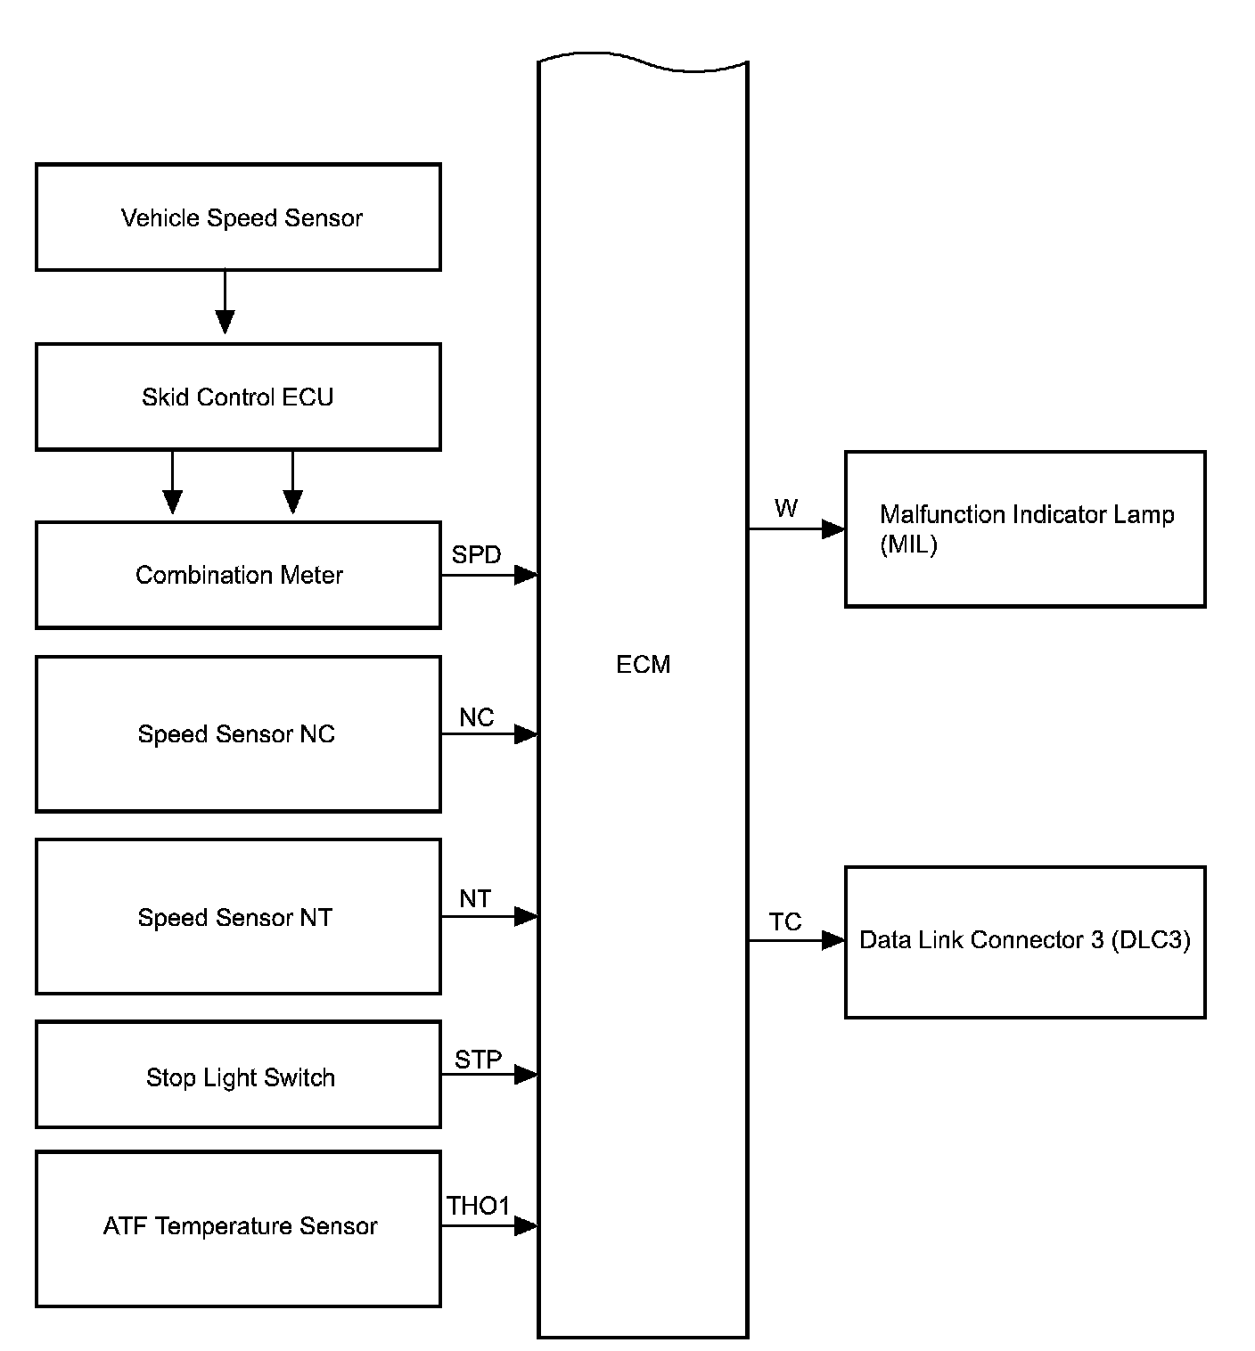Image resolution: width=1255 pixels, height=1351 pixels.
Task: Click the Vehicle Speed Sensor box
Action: pyautogui.click(x=238, y=217)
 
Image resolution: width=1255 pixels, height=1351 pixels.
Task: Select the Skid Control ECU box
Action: pyautogui.click(x=238, y=397)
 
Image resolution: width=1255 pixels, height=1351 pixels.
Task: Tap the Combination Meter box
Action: pyautogui.click(x=238, y=575)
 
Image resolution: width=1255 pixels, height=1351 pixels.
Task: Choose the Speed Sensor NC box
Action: pyautogui.click(x=238, y=734)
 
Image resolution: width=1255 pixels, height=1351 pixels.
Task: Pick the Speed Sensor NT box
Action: pyautogui.click(x=238, y=916)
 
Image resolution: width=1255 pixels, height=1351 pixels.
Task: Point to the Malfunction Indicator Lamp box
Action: pyautogui.click(x=1025, y=529)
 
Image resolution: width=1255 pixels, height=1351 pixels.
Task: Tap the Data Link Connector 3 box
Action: pyautogui.click(x=1025, y=941)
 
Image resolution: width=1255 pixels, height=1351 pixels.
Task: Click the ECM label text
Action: pyautogui.click(x=643, y=665)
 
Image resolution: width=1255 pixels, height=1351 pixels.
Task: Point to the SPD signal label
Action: pyautogui.click(x=476, y=555)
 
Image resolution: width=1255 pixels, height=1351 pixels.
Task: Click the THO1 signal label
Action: pyautogui.click(x=478, y=1207)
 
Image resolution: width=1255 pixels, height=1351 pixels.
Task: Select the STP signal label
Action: pyautogui.click(x=478, y=1060)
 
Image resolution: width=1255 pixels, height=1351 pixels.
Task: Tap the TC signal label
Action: pyautogui.click(x=785, y=922)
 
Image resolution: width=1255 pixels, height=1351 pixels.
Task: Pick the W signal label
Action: pyautogui.click(x=786, y=509)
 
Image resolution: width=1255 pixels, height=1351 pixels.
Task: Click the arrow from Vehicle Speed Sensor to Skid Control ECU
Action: pyautogui.click(x=226, y=302)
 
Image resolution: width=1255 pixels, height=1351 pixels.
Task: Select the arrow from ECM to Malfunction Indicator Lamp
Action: pyautogui.click(x=796, y=529)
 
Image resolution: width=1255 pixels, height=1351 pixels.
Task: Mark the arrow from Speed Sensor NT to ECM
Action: pyautogui.click(x=489, y=916)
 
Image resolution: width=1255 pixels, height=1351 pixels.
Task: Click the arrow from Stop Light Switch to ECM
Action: pyautogui.click(x=489, y=1075)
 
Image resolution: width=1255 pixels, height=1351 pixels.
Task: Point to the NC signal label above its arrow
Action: pyautogui.click(x=477, y=717)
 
